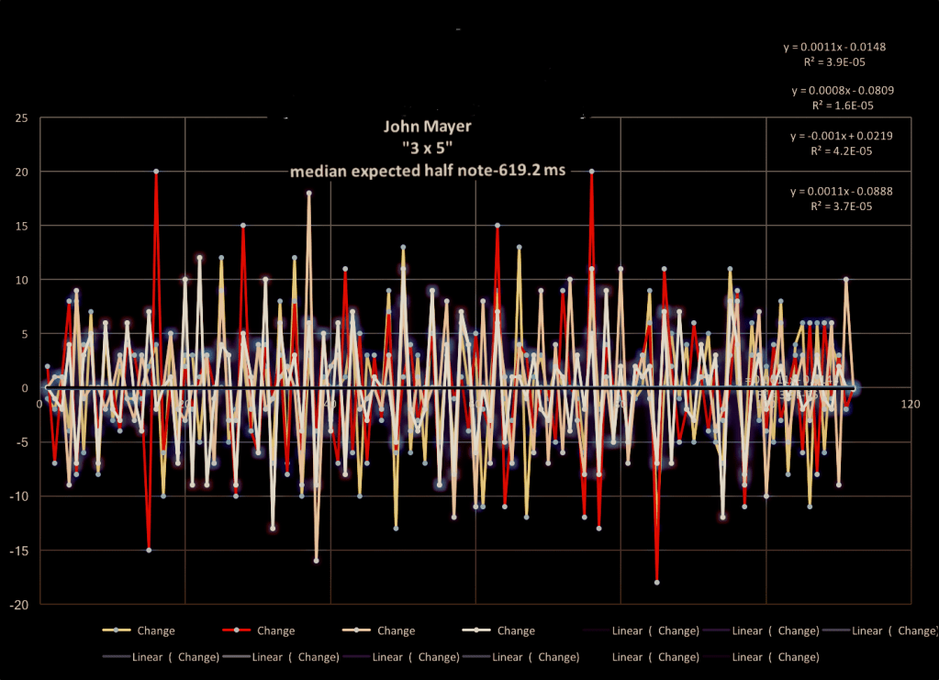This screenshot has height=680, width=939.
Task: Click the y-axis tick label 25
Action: pyautogui.click(x=21, y=117)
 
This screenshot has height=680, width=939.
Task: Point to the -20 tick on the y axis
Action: pyautogui.click(x=19, y=605)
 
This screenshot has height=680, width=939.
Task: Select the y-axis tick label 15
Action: pyautogui.click(x=21, y=226)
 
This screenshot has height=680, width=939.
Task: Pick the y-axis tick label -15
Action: pyautogui.click(x=19, y=551)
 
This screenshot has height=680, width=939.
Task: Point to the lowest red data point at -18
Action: pyautogui.click(x=656, y=582)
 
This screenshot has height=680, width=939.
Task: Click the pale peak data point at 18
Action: pyautogui.click(x=309, y=193)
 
